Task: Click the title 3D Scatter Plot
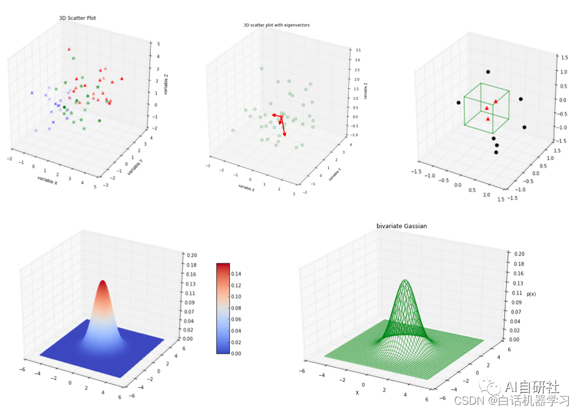(x=77, y=18)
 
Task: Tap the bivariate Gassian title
(x=401, y=226)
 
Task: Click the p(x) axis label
(x=531, y=294)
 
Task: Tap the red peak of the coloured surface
(x=103, y=283)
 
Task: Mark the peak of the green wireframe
(x=405, y=280)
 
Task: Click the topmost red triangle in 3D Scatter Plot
(x=69, y=49)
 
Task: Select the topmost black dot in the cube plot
(x=487, y=72)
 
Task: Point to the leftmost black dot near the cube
(x=458, y=103)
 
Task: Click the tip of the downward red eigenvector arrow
(x=284, y=135)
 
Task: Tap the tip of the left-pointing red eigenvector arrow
(x=272, y=114)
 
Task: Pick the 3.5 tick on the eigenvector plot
(x=357, y=50)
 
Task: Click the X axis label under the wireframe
(x=357, y=393)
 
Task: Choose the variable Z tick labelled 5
(x=159, y=44)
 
